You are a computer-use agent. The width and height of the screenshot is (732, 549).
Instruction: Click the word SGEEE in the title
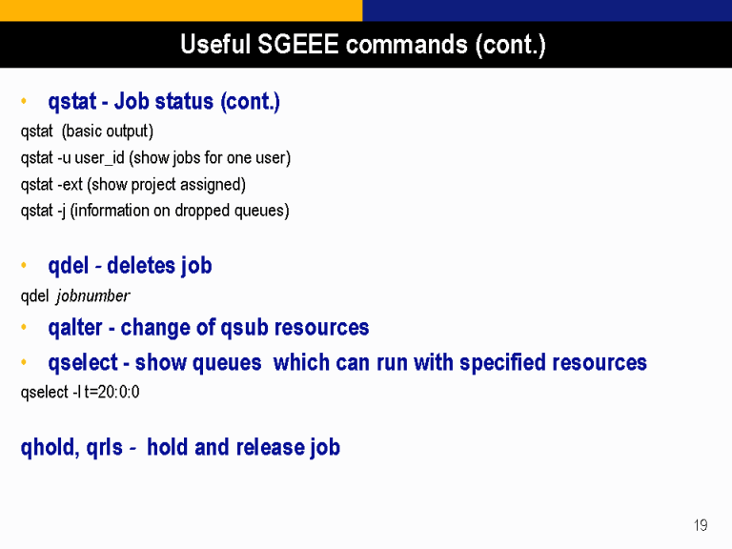(x=297, y=45)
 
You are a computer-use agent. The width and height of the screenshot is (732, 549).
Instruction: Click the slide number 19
(x=701, y=525)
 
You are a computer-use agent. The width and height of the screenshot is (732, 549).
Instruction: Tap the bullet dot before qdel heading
(x=24, y=266)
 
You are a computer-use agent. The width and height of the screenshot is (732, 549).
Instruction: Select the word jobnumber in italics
(x=92, y=296)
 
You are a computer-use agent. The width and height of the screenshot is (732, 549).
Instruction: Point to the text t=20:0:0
(x=112, y=392)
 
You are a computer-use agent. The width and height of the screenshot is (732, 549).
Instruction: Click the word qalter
(x=75, y=327)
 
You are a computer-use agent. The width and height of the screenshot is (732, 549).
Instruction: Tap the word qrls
(x=105, y=447)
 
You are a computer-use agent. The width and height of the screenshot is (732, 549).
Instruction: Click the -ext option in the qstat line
(x=70, y=184)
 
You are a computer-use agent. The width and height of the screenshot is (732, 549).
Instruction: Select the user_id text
(x=99, y=158)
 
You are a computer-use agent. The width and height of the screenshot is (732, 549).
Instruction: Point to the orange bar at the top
(x=181, y=10)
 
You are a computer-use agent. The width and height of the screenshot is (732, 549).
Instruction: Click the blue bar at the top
(x=547, y=10)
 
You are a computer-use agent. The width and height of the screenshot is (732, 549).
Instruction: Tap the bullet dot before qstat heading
(x=24, y=101)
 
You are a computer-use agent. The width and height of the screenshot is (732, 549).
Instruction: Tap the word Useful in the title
(x=215, y=45)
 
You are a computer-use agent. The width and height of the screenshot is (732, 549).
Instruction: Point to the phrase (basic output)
(x=108, y=132)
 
